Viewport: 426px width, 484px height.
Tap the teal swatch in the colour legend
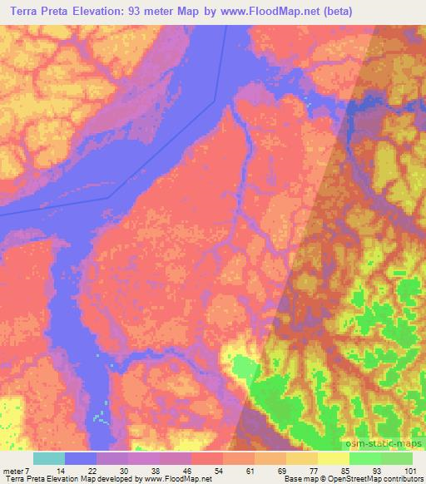(x=48, y=459)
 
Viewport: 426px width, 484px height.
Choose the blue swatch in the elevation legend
(x=81, y=459)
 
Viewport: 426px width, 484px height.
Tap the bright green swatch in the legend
(x=364, y=459)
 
